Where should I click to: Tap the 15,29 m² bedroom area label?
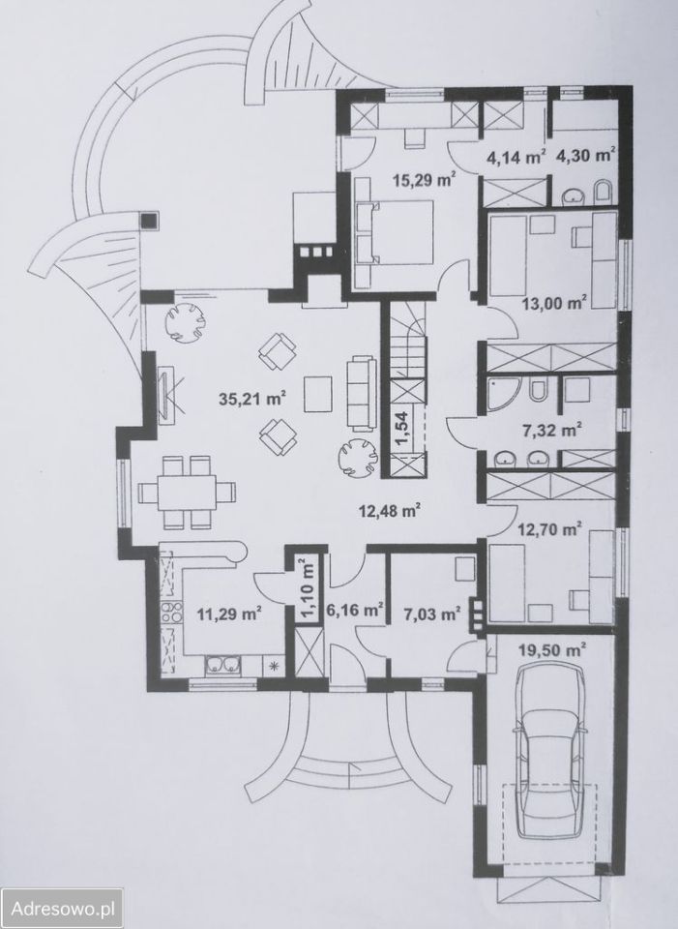coord(425,179)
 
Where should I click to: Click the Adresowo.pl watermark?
coord(64,908)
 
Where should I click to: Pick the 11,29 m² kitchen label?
coord(230,614)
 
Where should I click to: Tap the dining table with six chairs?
coord(187,492)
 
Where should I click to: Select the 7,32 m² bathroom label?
coord(549,430)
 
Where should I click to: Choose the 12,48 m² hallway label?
coord(390,510)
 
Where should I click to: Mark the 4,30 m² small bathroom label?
coord(585,156)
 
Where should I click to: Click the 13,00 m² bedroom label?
coord(554,304)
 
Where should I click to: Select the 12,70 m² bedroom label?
coord(549,529)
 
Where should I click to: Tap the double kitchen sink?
coord(223,666)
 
